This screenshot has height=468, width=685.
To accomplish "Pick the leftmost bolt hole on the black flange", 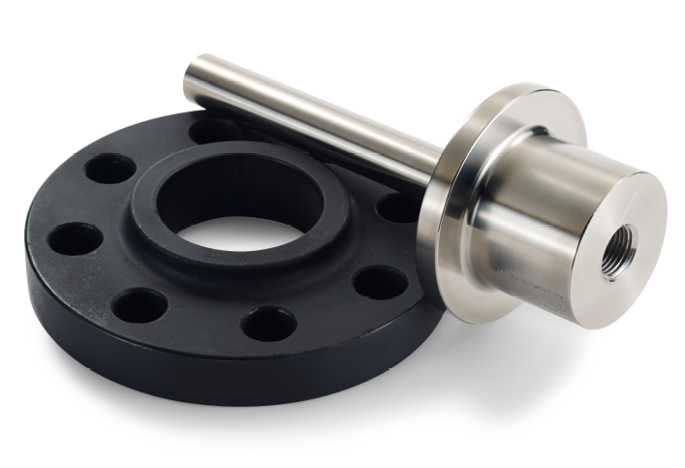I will pos(75,238).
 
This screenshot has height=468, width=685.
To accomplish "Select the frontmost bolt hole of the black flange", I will pos(268,324).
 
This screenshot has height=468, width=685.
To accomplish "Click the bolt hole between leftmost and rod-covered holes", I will pos(109,169).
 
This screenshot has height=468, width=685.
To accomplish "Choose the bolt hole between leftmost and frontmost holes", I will pos(139,306).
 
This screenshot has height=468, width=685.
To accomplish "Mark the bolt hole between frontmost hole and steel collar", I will pos(380,282).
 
